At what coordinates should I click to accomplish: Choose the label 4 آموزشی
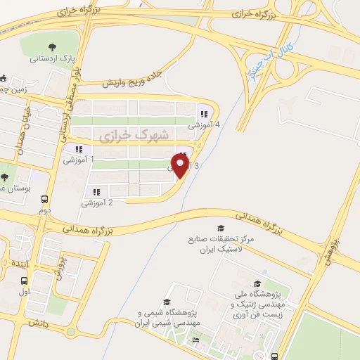[204, 124]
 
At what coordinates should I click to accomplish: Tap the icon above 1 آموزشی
[78, 149]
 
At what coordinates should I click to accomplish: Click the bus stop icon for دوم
[44, 199]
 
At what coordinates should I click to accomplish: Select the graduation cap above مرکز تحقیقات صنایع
[220, 229]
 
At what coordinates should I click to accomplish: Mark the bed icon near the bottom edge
[196, 340]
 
